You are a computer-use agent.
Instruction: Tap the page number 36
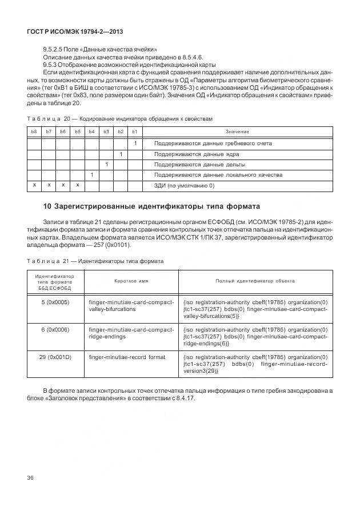31,478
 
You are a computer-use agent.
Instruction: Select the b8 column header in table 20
34,132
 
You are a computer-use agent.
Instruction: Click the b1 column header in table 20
135,132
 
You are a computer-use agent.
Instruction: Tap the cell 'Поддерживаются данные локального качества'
218,175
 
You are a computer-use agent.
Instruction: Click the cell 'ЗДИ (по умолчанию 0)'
184,185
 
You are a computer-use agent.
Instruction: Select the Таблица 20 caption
119,119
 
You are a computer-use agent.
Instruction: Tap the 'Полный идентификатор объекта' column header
255,281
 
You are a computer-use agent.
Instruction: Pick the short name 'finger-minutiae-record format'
127,357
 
